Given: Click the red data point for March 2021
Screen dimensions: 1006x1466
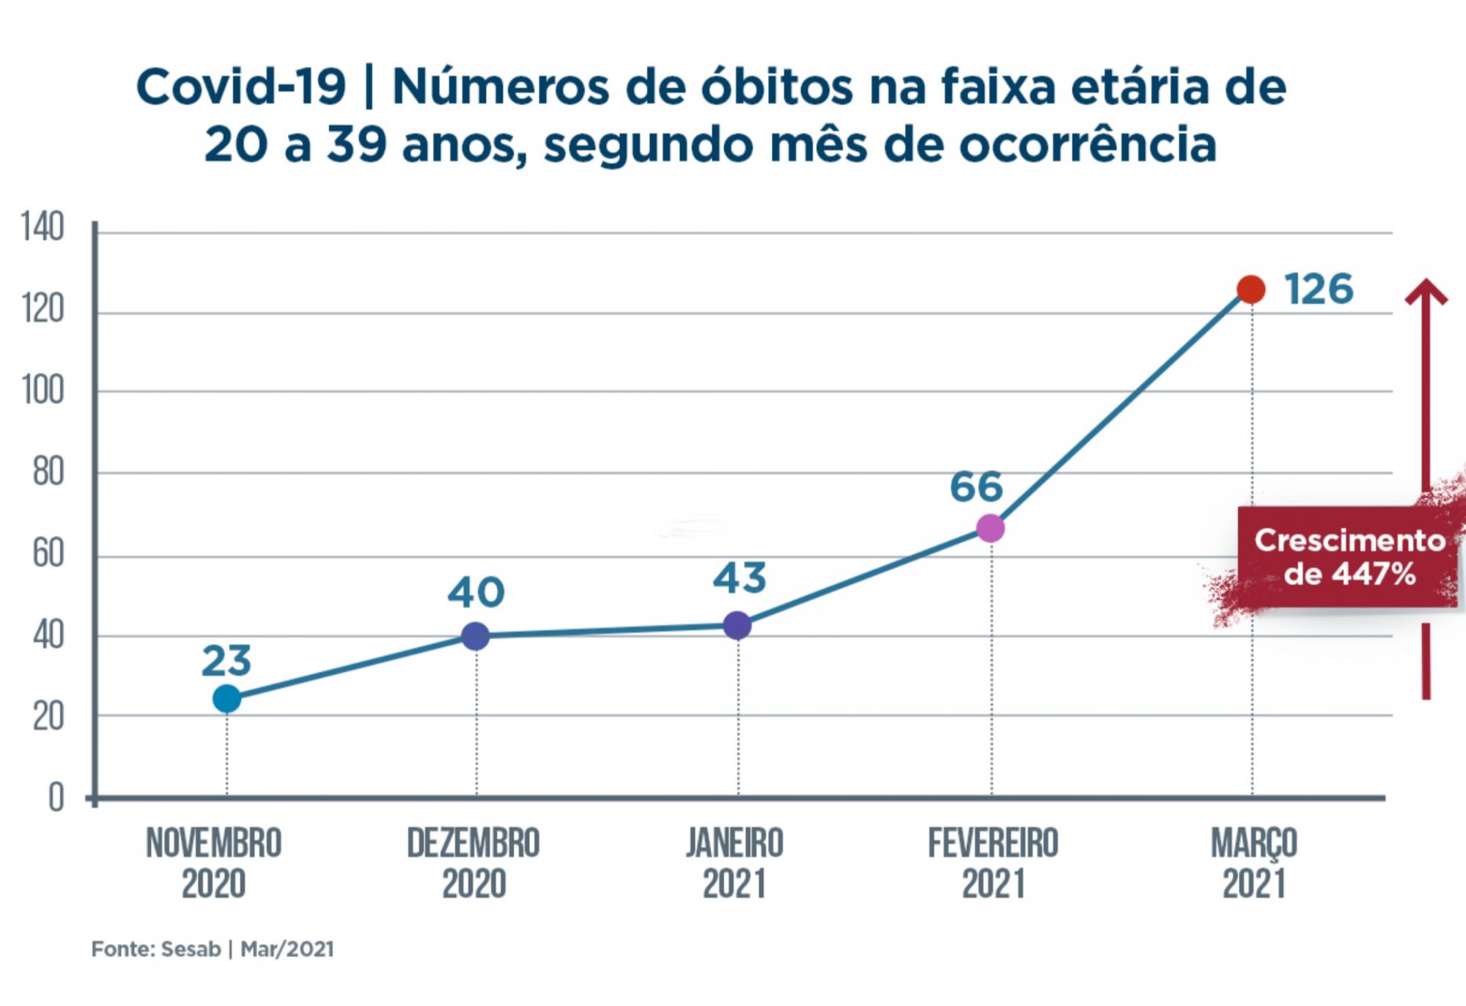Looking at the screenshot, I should click(1250, 289).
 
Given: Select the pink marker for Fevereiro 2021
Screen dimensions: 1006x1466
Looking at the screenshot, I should click(990, 528).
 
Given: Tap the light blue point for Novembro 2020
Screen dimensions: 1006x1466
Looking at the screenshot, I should click(226, 698).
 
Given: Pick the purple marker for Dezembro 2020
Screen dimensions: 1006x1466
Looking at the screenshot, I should click(475, 635).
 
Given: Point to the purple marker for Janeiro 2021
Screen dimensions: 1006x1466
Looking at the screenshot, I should click(737, 625).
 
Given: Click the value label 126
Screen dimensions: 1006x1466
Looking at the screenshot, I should click(1318, 289).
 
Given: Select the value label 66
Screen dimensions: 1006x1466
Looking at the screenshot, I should click(976, 487).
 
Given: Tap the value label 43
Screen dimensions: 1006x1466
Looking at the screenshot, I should click(739, 577).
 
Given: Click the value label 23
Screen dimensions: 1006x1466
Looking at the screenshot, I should click(226, 660).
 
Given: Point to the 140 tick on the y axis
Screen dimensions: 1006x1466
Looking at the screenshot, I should click(43, 226).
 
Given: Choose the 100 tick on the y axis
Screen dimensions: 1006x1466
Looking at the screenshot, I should click(43, 391).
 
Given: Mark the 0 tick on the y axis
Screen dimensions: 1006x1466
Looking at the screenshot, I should click(56, 797).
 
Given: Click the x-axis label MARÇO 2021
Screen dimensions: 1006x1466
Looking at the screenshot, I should click(1253, 863).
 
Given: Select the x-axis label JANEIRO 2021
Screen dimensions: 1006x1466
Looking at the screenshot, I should click(734, 863).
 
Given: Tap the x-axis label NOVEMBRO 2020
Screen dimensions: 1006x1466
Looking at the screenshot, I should click(213, 863).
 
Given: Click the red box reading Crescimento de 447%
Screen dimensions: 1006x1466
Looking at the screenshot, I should click(1347, 557).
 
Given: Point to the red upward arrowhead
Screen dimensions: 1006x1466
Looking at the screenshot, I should click(1426, 292).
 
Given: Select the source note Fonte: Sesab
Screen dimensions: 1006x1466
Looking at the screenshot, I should click(155, 949).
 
